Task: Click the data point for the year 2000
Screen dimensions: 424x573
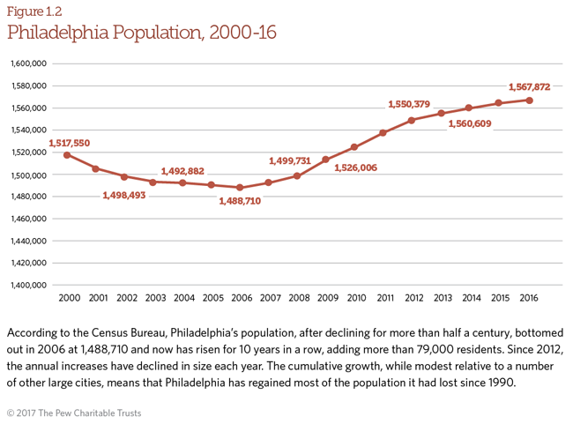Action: (67, 155)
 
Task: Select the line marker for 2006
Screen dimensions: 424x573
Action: (239, 187)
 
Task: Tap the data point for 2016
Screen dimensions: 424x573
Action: (529, 100)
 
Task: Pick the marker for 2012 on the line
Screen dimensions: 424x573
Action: (412, 120)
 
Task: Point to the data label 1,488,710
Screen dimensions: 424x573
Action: (240, 201)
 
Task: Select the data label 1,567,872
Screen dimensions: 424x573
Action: (529, 87)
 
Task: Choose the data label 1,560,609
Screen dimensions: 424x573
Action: (470, 124)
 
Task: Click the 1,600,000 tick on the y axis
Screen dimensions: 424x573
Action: (28, 64)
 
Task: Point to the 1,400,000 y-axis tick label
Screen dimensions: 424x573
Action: (28, 285)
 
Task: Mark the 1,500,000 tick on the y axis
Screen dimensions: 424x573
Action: (28, 175)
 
